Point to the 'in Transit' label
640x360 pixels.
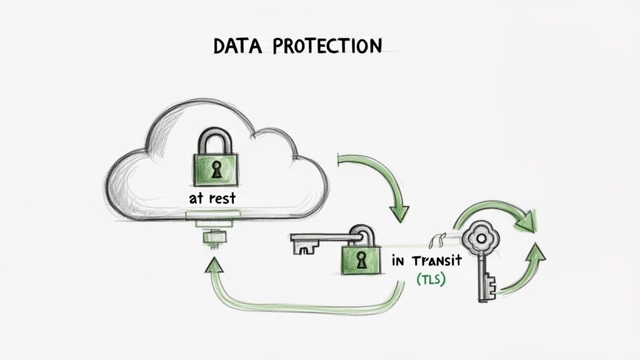[426, 260]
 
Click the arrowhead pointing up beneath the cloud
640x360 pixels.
[216, 267]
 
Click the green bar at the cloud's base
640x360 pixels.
[213, 215]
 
